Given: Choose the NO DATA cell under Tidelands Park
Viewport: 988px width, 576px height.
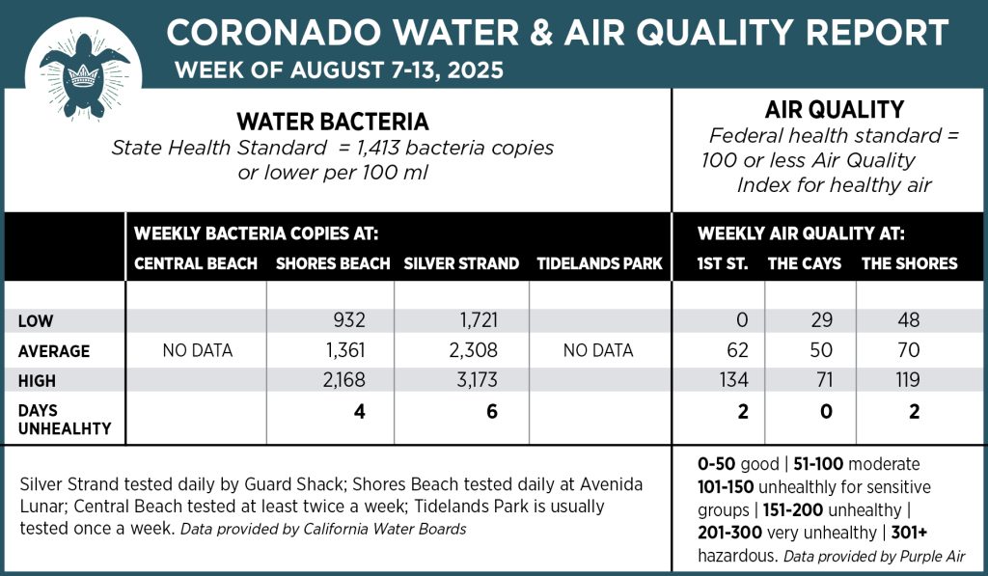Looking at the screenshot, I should (x=598, y=351).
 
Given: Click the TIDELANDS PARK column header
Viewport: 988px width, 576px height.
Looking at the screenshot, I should (x=599, y=263).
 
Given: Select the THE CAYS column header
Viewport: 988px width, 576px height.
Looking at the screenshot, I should (x=805, y=263).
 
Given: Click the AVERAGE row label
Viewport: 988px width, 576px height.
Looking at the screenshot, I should (x=54, y=351).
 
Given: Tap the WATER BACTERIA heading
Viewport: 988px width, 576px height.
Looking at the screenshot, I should (x=333, y=123).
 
